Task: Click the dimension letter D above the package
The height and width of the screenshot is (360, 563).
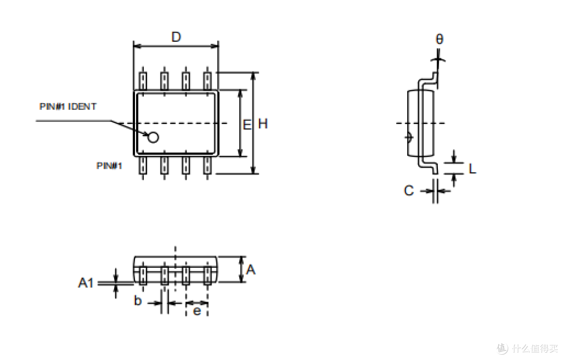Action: [x=176, y=37]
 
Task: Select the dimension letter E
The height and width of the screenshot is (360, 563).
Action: [x=247, y=125]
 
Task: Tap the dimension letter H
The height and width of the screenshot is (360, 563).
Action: [x=263, y=124]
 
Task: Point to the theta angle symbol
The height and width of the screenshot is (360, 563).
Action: [x=439, y=39]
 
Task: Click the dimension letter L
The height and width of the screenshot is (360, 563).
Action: [x=472, y=168]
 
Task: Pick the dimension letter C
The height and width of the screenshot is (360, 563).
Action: [x=409, y=190]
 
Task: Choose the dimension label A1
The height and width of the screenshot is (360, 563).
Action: [x=86, y=283]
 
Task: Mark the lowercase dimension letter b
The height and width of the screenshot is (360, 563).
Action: [x=138, y=301]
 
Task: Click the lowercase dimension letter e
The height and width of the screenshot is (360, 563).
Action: [x=197, y=311]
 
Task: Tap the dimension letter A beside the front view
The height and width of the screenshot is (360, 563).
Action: [x=251, y=269]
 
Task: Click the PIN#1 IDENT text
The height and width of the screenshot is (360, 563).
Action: [x=68, y=107]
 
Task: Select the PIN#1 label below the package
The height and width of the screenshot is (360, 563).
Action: [x=109, y=166]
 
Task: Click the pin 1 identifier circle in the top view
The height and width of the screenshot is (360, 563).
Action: [x=153, y=137]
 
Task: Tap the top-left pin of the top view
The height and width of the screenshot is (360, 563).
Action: [x=143, y=81]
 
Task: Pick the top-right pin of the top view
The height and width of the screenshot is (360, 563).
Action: [x=207, y=81]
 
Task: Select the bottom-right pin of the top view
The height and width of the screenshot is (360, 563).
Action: [x=207, y=165]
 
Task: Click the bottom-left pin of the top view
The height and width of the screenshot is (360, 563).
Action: [x=143, y=165]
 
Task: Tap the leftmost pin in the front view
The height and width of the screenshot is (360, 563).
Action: [x=143, y=275]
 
